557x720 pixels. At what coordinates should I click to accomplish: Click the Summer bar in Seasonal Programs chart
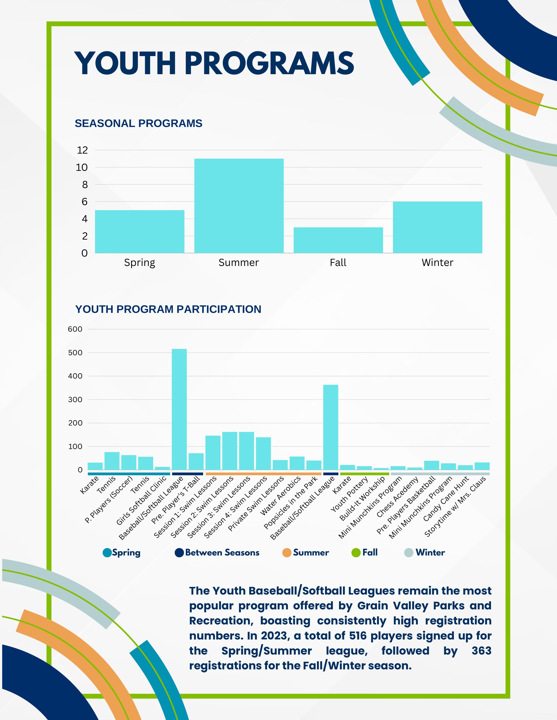(239, 206)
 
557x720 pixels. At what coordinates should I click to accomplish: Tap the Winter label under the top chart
(437, 263)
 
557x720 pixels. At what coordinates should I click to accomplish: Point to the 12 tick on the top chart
(83, 150)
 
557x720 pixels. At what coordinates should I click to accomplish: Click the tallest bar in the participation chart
(179, 409)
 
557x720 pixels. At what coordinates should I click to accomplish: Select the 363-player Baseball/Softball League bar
(331, 427)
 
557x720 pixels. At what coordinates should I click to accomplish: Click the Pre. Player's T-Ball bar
(196, 461)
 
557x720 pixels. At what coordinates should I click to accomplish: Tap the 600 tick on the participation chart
(75, 329)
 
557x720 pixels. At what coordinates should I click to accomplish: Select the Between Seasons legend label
(222, 552)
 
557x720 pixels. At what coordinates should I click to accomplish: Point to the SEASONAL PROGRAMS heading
(138, 123)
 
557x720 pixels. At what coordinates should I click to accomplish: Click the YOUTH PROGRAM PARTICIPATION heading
(168, 309)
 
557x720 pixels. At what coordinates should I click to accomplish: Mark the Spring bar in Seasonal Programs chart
(140, 231)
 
